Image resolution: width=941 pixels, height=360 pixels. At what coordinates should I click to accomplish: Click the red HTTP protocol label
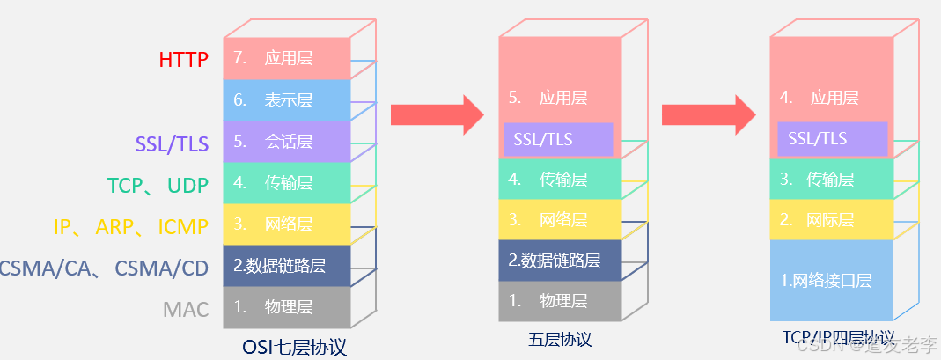pyautogui.click(x=183, y=60)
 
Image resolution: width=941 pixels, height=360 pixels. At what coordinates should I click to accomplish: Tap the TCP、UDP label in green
pyautogui.click(x=158, y=186)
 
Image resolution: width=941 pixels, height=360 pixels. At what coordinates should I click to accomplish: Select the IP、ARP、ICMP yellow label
pyautogui.click(x=130, y=227)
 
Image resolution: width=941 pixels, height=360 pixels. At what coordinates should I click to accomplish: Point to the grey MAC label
pyautogui.click(x=186, y=310)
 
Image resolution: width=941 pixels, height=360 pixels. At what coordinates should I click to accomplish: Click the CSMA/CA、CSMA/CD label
pyautogui.click(x=104, y=268)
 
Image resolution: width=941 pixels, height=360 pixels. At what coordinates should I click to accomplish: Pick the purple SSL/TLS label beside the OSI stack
pyautogui.click(x=172, y=143)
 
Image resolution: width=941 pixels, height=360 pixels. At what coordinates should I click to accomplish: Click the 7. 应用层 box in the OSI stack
pyautogui.click(x=287, y=59)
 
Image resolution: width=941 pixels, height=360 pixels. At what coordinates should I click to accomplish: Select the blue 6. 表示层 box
pyautogui.click(x=287, y=100)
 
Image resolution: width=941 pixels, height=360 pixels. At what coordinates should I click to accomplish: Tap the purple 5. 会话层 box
pyautogui.click(x=287, y=142)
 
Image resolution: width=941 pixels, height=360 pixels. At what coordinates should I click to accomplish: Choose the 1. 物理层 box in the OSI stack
pyautogui.click(x=287, y=307)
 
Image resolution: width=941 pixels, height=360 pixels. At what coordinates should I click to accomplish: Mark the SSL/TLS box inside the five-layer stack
pyautogui.click(x=557, y=139)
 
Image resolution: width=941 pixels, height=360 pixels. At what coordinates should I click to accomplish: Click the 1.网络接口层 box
pyautogui.click(x=832, y=281)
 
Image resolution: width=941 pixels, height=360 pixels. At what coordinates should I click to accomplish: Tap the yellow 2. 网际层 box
pyautogui.click(x=832, y=220)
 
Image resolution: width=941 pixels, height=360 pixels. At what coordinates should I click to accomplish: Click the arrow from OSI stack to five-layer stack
pyautogui.click(x=437, y=114)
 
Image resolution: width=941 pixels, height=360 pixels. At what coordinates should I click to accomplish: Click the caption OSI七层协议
pyautogui.click(x=295, y=347)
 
